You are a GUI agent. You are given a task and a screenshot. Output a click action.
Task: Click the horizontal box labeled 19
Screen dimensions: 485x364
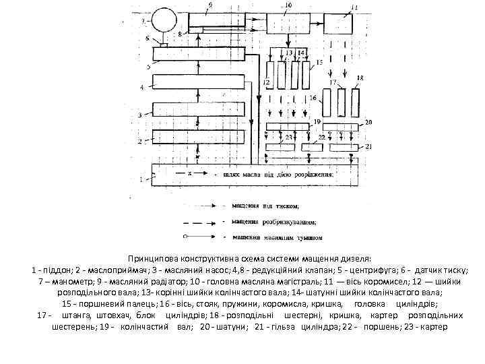point(286,127)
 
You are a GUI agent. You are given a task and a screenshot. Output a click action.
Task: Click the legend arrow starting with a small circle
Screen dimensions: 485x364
point(201,237)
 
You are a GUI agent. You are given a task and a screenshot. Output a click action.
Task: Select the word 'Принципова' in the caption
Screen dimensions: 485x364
point(153,258)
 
